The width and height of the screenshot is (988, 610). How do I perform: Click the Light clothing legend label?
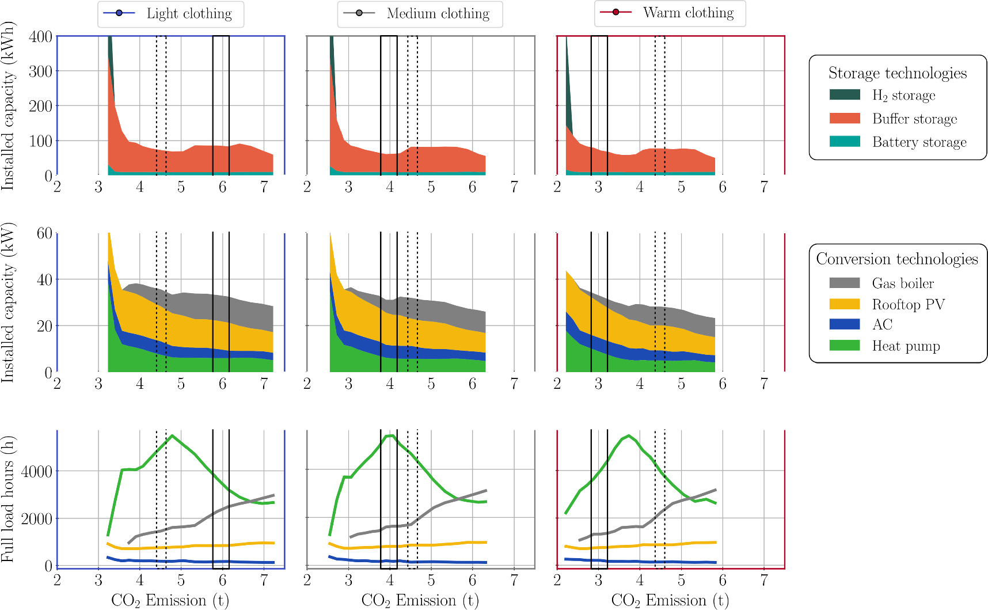coord(189,14)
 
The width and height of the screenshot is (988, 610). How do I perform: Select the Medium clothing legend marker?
coord(359,13)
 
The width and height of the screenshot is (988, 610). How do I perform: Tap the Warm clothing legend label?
coord(688,13)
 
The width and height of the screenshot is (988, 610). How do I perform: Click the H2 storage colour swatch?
coord(845,94)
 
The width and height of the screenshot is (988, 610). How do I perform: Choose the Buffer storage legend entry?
coord(914,119)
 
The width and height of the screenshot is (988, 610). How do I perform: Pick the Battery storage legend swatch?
coord(845,141)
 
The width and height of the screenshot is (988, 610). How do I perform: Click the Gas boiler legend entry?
coord(902,283)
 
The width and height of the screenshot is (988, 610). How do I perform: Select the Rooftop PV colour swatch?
coord(845,304)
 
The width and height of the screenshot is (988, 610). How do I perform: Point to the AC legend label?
coord(882,325)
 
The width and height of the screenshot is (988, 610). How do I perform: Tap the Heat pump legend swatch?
coord(845,346)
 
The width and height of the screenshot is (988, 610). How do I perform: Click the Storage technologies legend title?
coord(897,73)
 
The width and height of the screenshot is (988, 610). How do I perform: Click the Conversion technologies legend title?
coord(897,259)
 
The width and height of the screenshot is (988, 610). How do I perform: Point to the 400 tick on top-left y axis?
coord(40,37)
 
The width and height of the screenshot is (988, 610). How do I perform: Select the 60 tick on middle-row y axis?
coord(44,233)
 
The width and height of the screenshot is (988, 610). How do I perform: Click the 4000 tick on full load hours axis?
coord(36,471)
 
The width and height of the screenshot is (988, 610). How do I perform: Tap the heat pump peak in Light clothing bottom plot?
coord(172,435)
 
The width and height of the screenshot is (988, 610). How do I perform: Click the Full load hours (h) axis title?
coord(7,499)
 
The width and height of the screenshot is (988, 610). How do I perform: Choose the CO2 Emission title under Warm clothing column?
coord(670,600)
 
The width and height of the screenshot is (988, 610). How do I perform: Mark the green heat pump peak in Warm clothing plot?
coord(628,435)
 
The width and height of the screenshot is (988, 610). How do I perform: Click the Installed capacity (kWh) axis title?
coord(7,106)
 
